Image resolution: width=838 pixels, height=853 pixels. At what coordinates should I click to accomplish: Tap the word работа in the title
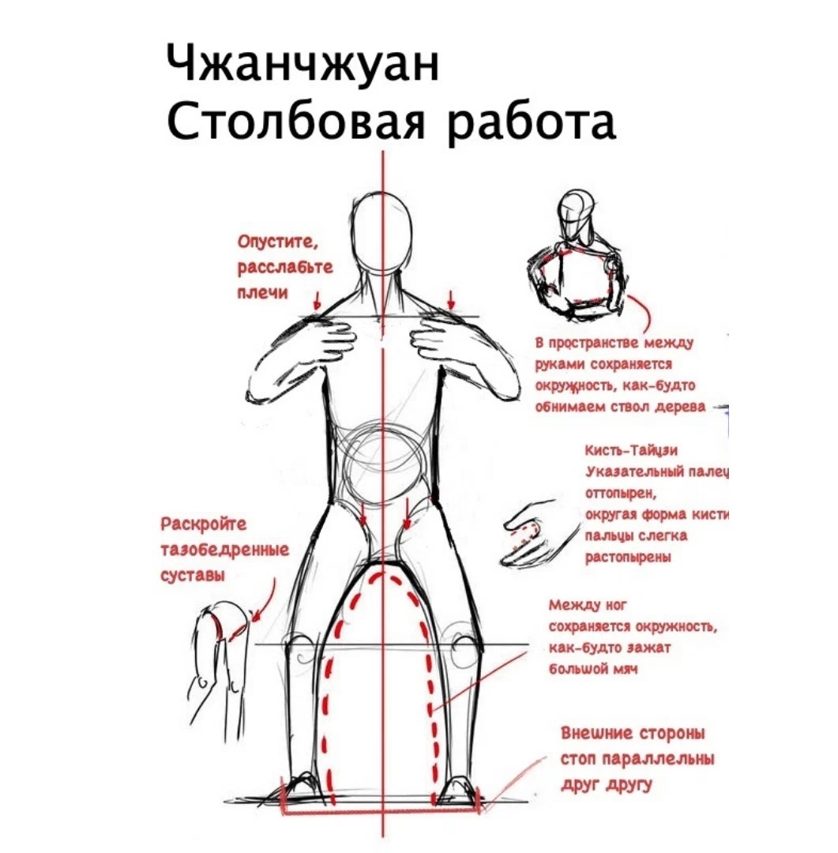click(532, 126)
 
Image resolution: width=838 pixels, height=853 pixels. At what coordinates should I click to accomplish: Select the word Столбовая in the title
click(298, 126)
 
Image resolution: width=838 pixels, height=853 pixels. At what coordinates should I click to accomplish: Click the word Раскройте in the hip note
click(203, 524)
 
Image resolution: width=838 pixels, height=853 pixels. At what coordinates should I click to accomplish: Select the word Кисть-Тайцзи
click(630, 450)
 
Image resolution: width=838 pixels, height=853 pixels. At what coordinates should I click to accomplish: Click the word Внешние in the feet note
click(595, 733)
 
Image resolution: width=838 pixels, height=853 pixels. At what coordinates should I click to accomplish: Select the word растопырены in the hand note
click(628, 558)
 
